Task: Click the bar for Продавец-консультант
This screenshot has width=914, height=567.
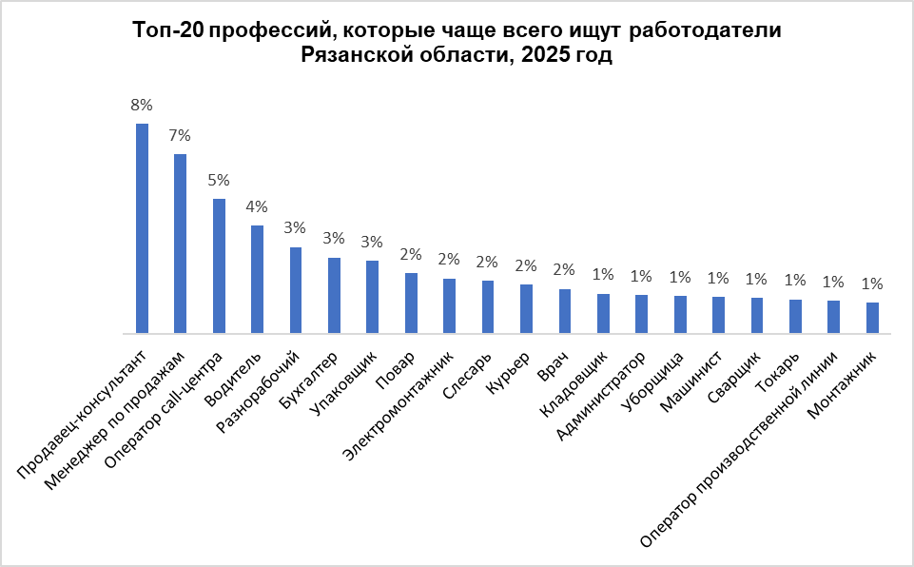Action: coord(143,228)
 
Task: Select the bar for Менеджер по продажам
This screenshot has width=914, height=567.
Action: coord(181,244)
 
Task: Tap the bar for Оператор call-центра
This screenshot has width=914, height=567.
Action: coord(219,266)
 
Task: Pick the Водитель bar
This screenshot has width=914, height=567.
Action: coord(257,280)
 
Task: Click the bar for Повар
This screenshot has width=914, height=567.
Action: coord(411,303)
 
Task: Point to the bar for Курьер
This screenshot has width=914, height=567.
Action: coord(526,309)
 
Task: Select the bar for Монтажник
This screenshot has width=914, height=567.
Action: coord(872,318)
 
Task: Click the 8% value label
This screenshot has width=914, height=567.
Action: coord(142,105)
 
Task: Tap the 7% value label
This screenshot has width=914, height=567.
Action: coord(180,135)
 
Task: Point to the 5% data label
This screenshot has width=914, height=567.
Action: coord(219,180)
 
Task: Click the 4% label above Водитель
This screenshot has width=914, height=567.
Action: coord(257,206)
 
